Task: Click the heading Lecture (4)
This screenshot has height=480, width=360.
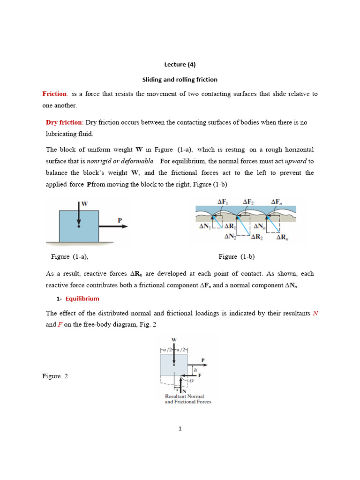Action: [x=180, y=65]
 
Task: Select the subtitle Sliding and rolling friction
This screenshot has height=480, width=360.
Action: [x=180, y=80]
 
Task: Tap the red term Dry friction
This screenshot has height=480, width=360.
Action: [x=64, y=122]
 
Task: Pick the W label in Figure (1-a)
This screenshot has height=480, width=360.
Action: [x=85, y=204]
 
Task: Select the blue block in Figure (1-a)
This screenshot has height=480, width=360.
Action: [x=79, y=226]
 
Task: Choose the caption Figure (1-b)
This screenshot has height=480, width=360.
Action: [x=236, y=256]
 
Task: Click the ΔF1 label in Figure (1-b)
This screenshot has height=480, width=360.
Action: [x=223, y=202]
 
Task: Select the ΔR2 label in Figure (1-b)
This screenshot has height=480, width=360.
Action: [x=257, y=237]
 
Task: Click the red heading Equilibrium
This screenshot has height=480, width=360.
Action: [x=82, y=299]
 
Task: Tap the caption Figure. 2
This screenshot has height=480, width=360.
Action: [x=55, y=376]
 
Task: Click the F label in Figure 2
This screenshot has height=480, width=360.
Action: [x=200, y=375]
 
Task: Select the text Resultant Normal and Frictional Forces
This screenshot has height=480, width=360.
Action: [x=188, y=399]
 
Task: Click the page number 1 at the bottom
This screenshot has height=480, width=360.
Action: [x=180, y=428]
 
